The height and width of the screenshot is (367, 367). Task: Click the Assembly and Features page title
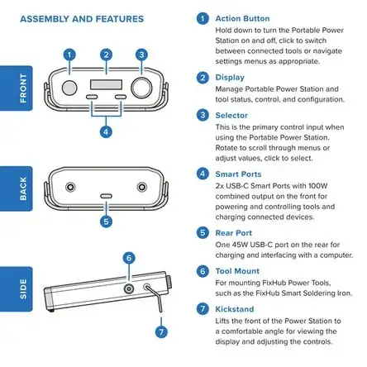click(82, 19)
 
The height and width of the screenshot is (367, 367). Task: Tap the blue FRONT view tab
click(16, 88)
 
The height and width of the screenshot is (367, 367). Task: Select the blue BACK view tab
click(16, 188)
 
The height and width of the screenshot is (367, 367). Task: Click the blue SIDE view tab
click(16, 289)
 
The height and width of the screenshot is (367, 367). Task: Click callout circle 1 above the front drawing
click(69, 55)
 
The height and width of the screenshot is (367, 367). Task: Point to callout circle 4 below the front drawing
click(106, 132)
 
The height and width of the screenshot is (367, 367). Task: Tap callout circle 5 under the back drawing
click(106, 222)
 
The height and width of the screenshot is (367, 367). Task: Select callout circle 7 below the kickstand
click(161, 331)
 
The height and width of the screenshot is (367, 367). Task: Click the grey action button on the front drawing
click(69, 88)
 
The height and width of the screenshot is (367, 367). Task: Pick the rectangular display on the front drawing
click(106, 84)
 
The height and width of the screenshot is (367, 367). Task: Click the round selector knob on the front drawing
click(141, 88)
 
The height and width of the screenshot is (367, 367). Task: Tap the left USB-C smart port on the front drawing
click(92, 97)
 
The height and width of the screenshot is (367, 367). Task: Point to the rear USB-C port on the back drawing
click(106, 196)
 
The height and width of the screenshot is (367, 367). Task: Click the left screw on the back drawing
click(70, 187)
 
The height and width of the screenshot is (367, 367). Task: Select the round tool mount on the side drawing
click(129, 289)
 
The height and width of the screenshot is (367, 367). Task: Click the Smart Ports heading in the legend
click(238, 174)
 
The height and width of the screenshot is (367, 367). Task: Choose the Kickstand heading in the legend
click(235, 309)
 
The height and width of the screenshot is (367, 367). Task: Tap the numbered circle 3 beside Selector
click(203, 115)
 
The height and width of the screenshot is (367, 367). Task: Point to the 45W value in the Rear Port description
click(237, 245)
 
